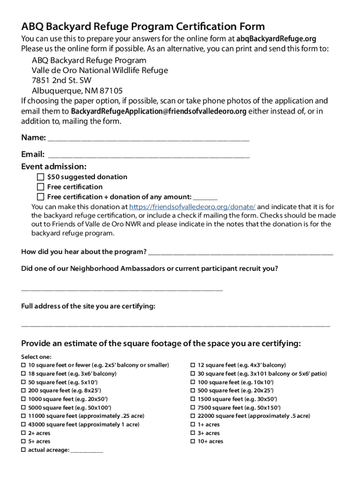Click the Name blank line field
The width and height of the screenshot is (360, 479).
(x=148, y=139)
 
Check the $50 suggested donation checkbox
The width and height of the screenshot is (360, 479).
(x=41, y=177)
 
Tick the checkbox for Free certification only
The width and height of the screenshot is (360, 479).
(x=41, y=187)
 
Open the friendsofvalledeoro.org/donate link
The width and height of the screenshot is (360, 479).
(x=192, y=207)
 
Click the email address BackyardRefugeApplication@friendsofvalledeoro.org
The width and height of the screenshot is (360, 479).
(x=158, y=111)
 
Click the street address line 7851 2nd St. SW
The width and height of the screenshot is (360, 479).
(x=62, y=80)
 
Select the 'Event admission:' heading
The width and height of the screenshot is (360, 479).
(x=54, y=167)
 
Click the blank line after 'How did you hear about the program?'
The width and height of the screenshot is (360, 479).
(x=240, y=253)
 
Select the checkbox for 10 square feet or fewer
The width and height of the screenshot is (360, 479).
(x=23, y=365)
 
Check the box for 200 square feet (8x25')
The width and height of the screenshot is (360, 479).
(x=23, y=391)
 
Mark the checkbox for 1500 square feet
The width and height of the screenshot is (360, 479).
(x=193, y=399)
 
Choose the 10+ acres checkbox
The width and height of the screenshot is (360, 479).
(x=193, y=442)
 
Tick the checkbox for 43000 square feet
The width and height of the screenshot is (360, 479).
(x=23, y=425)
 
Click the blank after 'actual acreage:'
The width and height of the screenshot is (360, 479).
(x=87, y=451)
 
